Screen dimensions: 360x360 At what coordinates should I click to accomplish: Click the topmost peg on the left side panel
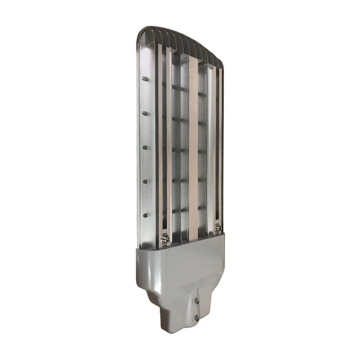145,78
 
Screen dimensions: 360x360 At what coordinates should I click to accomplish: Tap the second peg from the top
145,113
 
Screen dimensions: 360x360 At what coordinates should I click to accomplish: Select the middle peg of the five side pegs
145,147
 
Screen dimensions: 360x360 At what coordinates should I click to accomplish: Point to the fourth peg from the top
145,181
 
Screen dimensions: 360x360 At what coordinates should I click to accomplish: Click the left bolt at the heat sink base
165,237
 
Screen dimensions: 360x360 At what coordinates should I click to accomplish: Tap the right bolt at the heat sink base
218,228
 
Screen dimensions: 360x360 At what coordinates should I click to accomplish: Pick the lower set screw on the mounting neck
196,318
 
